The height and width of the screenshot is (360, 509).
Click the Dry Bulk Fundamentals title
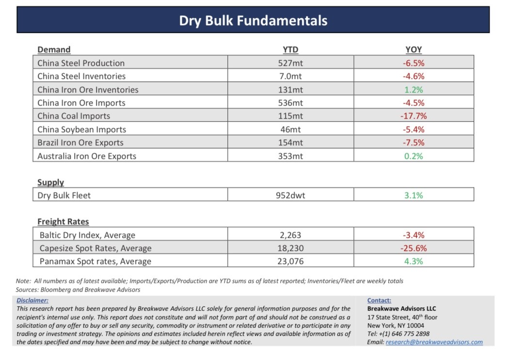[x=253, y=20]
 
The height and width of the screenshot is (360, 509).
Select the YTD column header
[x=290, y=49]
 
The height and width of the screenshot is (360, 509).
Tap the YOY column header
[x=414, y=49]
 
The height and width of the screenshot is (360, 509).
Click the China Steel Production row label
[x=81, y=63]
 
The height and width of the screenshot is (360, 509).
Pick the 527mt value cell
[x=290, y=63]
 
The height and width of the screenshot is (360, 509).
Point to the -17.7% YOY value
[x=414, y=116]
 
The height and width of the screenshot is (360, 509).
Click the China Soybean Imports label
[x=81, y=129]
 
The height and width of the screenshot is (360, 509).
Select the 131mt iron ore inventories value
[x=290, y=90]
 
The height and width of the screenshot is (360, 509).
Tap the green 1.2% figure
[x=414, y=90]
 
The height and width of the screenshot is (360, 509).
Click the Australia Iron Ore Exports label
[x=87, y=156]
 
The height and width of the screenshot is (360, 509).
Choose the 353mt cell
[x=290, y=156]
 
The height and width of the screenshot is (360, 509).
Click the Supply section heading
[x=50, y=182]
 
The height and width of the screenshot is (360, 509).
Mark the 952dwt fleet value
[x=290, y=195]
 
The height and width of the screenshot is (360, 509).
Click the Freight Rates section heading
[x=63, y=221]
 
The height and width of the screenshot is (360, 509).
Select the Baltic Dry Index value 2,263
[x=290, y=235]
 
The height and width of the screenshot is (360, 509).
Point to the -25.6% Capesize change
[x=414, y=248]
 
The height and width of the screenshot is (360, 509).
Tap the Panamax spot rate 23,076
[x=290, y=262]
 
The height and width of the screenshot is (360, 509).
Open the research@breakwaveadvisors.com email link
[x=434, y=342]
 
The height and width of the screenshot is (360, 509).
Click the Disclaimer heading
[x=32, y=300]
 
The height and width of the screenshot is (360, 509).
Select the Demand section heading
[x=54, y=49]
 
